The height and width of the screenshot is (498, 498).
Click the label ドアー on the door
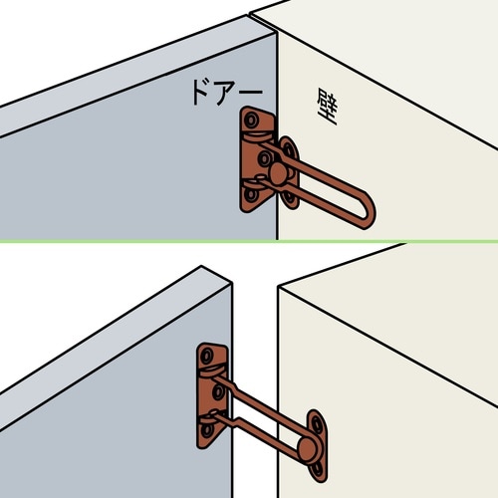[x=227, y=93]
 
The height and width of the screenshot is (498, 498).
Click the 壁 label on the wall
[x=328, y=107]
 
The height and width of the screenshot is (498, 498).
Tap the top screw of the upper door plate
[x=251, y=120]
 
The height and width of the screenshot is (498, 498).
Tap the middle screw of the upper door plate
[x=265, y=158]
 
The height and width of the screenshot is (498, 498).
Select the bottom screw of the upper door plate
[x=251, y=195]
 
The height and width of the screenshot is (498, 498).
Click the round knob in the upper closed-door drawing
[x=278, y=173]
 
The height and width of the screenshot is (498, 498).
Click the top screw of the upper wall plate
[x=289, y=148]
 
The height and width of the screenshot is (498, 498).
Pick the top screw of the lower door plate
[x=207, y=356]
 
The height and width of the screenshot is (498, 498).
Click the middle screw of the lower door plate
[x=218, y=392]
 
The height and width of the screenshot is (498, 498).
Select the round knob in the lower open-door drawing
[x=308, y=448]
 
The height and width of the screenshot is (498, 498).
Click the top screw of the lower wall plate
[x=316, y=424]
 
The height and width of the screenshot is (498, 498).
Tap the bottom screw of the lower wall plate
[x=318, y=469]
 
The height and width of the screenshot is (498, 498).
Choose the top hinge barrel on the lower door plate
[x=211, y=372]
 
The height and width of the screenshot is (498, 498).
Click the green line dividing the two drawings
[x=249, y=241]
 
